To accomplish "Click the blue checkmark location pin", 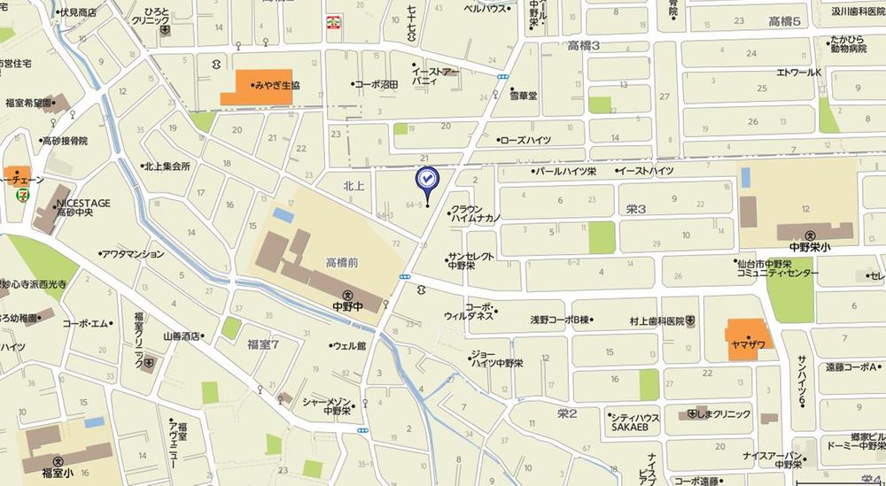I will coord(427,181).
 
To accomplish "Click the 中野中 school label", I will coord(346,307).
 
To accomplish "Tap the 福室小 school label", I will coord(58,473).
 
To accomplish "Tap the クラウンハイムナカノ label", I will coord(477,211).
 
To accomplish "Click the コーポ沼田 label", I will coord(377,84).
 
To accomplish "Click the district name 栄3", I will coord(636,209).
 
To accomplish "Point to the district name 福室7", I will coord(263,343).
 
